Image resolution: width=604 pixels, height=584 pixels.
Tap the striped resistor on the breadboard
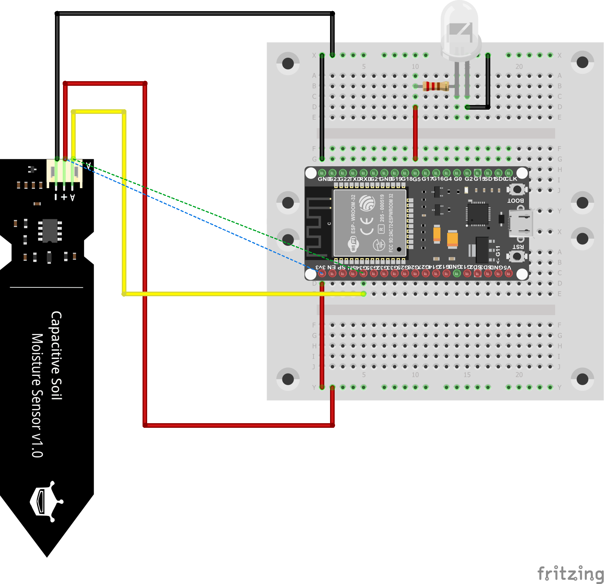tap(436, 86)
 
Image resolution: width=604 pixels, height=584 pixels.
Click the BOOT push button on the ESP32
tap(517, 189)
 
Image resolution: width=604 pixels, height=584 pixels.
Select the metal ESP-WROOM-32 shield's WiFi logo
tap(353, 244)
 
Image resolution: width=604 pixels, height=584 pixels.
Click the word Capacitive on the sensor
tap(56, 355)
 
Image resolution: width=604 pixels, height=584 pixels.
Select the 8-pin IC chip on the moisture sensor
tap(50, 230)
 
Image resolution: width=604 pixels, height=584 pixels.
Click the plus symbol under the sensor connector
tap(64, 197)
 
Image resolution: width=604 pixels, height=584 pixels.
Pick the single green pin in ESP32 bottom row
tap(457, 274)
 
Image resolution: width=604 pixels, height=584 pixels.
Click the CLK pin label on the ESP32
tap(511, 179)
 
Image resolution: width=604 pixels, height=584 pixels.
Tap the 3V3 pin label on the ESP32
tap(321, 267)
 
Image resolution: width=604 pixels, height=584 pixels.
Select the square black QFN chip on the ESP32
tap(478, 214)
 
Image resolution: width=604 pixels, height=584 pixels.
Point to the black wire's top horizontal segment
tap(192, 14)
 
